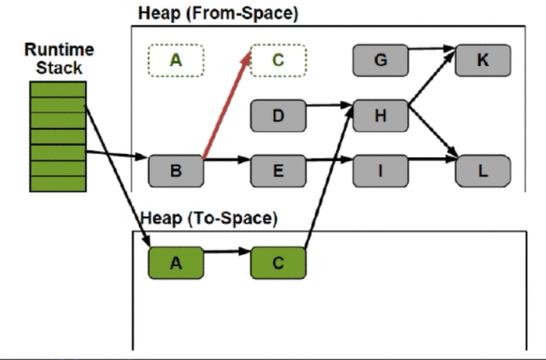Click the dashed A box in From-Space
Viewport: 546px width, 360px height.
pos(176,60)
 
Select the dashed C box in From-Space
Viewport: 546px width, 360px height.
pos(278,60)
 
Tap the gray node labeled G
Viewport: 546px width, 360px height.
pos(381,60)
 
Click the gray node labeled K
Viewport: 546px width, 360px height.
pos(483,60)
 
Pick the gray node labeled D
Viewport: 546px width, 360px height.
pos(278,116)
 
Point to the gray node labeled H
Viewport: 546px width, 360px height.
pos(381,116)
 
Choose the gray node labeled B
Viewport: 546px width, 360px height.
pos(176,171)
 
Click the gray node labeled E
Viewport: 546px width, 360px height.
pos(278,171)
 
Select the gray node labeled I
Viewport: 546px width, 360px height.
pos(381,171)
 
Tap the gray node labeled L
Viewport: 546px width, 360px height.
pos(483,171)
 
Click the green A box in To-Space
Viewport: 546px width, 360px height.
pos(176,263)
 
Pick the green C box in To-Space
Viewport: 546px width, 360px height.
pos(278,263)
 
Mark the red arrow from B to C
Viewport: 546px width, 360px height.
pos(227,105)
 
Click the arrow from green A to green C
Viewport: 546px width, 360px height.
pos(227,251)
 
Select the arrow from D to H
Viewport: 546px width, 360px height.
pos(329,105)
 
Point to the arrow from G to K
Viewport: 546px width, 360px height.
pos(432,48)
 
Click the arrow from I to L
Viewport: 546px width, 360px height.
pos(432,159)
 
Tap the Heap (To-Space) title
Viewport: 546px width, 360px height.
pos(209,219)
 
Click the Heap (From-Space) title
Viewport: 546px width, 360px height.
pos(219,14)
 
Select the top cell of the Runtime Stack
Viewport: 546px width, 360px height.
pos(58,89)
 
